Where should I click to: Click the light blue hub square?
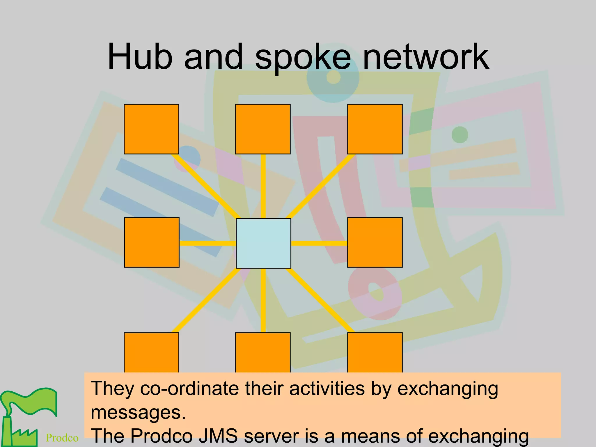pos(263,243)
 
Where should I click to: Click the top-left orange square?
pos(151,129)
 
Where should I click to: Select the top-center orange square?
pos(263,129)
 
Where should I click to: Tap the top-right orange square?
pos(375,129)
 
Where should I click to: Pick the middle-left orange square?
pos(152,242)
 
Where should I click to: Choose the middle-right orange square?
pos(375,242)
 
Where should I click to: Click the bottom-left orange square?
pos(151,352)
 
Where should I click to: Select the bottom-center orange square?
pos(263,352)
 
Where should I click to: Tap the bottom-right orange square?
pos(375,352)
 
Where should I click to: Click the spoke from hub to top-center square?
pos(263,186)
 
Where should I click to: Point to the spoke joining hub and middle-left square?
pos(207,243)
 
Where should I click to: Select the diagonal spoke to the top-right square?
pos(320,186)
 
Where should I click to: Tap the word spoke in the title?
pos(303,58)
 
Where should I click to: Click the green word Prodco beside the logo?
pos(62,438)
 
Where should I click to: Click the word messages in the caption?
pos(138,413)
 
